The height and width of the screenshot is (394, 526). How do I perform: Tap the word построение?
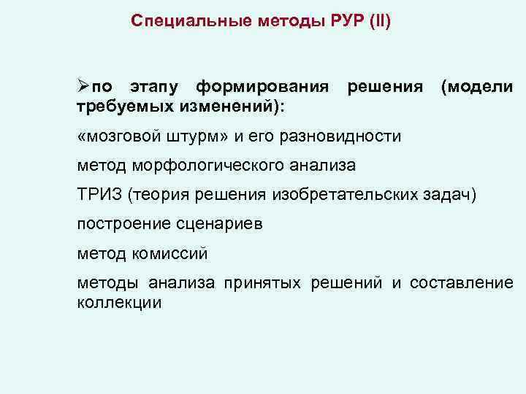[x=118, y=224]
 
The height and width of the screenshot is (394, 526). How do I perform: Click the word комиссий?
[x=170, y=254]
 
